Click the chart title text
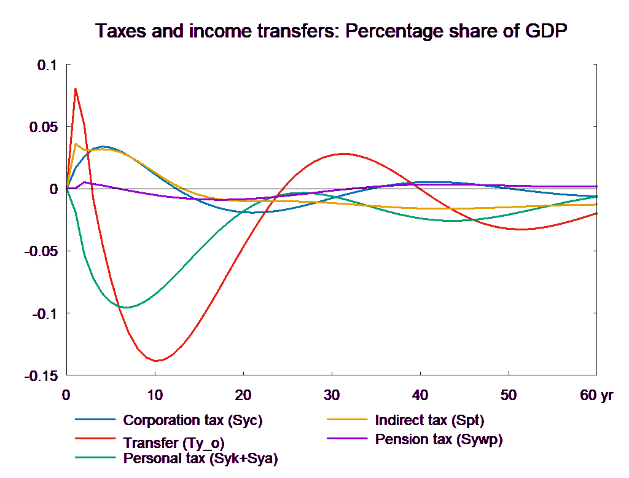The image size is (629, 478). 331,31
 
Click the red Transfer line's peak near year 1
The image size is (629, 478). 76,88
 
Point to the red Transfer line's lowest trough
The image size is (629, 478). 157,361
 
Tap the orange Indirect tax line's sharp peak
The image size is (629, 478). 76,144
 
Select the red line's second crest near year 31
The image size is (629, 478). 344,154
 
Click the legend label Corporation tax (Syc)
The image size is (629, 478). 193,421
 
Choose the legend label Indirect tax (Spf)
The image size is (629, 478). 429,421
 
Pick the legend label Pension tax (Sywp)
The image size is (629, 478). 439,439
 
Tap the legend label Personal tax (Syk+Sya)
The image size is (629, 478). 200,458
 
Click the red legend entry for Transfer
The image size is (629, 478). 178,442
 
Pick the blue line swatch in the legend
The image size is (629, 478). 96,421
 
